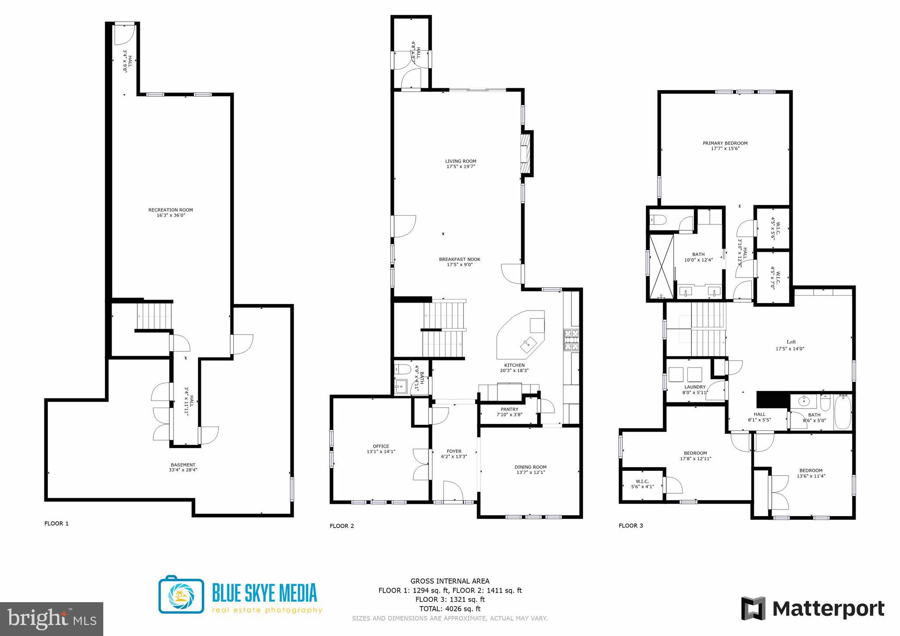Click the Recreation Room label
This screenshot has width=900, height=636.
click(171, 210)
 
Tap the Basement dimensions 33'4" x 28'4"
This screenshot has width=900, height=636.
click(183, 470)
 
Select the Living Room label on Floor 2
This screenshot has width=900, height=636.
click(461, 161)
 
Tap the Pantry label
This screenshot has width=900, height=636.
click(509, 409)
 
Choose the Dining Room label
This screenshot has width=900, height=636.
click(530, 467)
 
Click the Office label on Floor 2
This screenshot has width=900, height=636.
click(381, 446)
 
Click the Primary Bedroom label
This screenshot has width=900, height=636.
click(725, 143)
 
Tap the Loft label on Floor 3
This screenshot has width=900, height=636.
click(791, 342)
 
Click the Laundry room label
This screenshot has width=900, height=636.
click(695, 387)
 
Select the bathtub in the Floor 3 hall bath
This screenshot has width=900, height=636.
click(842, 412)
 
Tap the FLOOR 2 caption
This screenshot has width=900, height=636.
click(341, 526)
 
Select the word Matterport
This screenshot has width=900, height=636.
click(828, 609)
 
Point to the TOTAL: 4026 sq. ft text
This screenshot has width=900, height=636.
click(450, 609)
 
